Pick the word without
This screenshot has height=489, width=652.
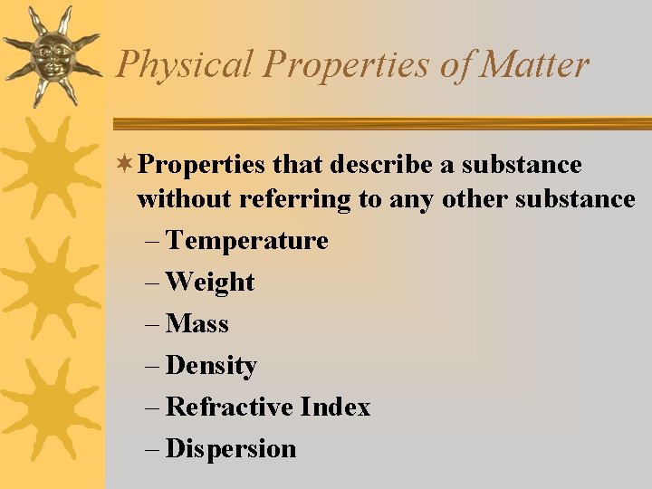(185, 199)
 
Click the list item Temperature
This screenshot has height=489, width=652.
(247, 241)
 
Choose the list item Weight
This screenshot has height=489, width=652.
(210, 283)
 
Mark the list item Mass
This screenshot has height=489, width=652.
(197, 324)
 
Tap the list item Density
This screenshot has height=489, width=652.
(212, 366)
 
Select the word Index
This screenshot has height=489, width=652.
(335, 407)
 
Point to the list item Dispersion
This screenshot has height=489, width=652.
(231, 449)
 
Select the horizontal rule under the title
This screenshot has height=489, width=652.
(380, 124)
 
